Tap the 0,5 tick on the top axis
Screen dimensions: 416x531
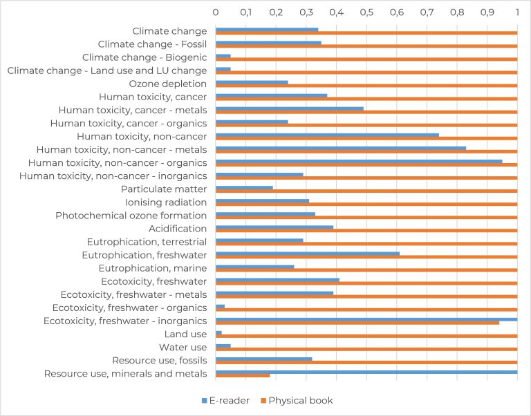[x=366, y=12]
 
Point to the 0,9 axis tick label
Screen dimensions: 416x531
[x=487, y=12]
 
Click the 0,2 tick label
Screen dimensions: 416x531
[x=276, y=12]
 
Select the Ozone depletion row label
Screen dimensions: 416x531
[x=169, y=84]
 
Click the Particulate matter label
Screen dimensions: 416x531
[x=164, y=189]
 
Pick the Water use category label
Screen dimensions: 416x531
[x=183, y=347]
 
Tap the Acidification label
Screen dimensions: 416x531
[x=178, y=228]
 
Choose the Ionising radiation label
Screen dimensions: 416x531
[x=166, y=202]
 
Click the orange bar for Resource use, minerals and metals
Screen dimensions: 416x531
[x=243, y=375]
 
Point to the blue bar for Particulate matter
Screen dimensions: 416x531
[x=244, y=187]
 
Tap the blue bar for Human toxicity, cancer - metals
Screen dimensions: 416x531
[x=290, y=108]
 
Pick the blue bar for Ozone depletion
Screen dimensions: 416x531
[x=252, y=82]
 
